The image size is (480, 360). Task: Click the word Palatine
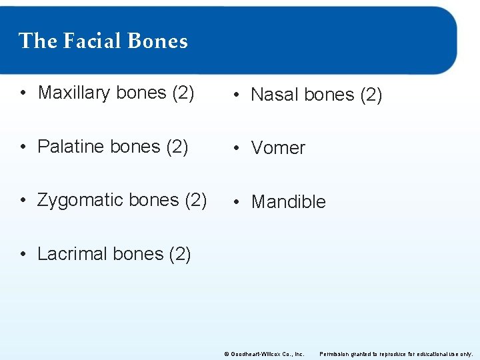click(x=71, y=147)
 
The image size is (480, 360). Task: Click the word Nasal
click(x=275, y=95)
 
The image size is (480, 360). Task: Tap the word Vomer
click(x=278, y=148)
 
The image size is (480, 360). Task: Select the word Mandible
click(x=289, y=202)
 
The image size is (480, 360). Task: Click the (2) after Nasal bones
click(x=371, y=95)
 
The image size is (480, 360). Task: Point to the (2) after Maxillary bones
click(x=183, y=93)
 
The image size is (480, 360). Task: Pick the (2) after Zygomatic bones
click(x=195, y=200)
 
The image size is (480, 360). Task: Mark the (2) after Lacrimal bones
click(x=180, y=254)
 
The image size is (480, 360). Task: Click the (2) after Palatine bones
click(x=177, y=147)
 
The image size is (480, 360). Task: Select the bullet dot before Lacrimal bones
click(x=23, y=254)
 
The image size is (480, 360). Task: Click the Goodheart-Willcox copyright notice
click(x=264, y=353)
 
